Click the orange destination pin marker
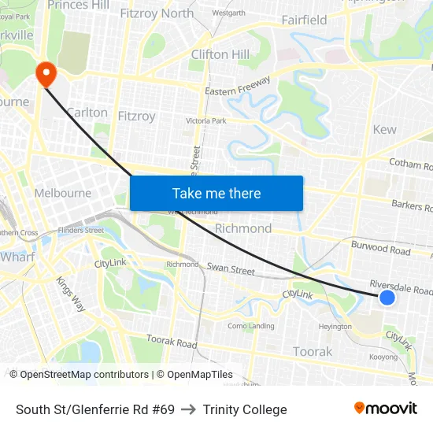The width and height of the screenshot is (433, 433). (x=46, y=74)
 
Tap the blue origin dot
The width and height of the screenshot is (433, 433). (x=387, y=298)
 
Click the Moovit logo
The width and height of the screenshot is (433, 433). (x=386, y=409)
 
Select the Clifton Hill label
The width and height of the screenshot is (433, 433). (x=220, y=54)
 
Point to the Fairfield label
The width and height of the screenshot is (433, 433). (x=304, y=20)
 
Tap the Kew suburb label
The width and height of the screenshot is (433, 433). (x=385, y=129)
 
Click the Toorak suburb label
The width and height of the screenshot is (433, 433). (x=313, y=351)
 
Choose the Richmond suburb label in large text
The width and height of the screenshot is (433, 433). (x=243, y=228)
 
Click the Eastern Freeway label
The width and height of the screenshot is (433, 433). (x=238, y=86)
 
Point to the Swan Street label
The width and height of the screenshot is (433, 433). (x=231, y=269)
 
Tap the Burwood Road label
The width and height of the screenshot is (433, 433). (x=381, y=249)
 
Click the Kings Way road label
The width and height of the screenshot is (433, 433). (x=70, y=293)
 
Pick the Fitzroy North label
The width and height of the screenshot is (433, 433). (x=157, y=13)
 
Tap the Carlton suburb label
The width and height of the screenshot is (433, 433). (x=87, y=113)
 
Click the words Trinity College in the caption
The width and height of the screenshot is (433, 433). (x=245, y=409)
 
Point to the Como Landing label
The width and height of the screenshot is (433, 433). (x=250, y=326)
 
